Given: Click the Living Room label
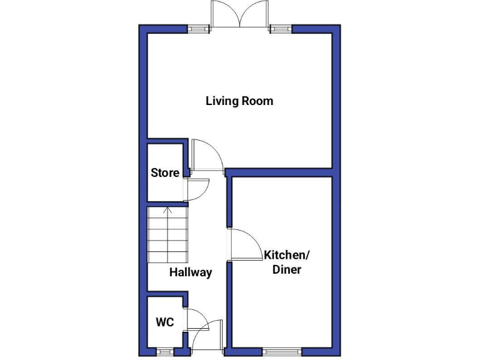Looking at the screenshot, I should [239, 101].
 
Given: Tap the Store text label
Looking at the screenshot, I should [165, 172].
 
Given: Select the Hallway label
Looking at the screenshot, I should [191, 272].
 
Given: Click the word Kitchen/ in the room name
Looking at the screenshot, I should [286, 255].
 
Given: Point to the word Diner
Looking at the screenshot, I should [286, 270].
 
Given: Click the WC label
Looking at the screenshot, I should [164, 322].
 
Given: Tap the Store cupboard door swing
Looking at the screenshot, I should [197, 189].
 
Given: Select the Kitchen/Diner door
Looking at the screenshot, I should [246, 244].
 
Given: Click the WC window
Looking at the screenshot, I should [165, 352].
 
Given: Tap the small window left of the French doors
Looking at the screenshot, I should [199, 28].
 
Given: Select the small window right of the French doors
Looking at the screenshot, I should [281, 28].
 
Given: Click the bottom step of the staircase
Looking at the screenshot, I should [167, 257].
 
